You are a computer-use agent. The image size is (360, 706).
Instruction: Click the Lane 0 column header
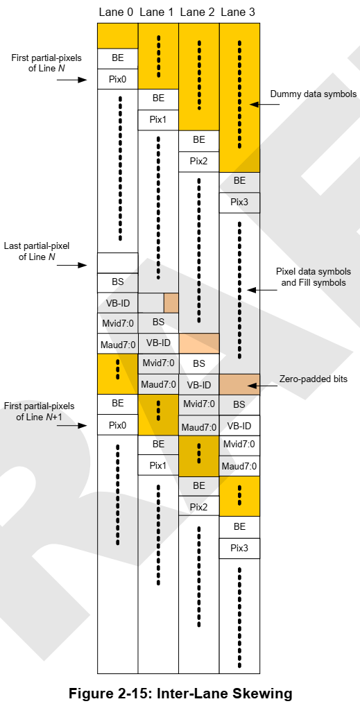[x=117, y=12]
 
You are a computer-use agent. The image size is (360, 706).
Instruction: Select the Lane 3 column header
[x=239, y=12]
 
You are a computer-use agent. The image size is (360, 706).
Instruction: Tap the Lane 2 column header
[x=198, y=12]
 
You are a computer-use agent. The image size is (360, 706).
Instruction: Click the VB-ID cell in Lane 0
[x=117, y=302]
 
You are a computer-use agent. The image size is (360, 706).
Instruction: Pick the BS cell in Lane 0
[x=117, y=282]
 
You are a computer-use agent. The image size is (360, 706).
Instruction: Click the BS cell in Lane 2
[x=199, y=363]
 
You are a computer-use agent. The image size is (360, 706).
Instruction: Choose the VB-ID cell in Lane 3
[x=239, y=425]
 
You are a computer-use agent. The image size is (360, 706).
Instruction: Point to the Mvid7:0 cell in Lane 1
[x=158, y=363]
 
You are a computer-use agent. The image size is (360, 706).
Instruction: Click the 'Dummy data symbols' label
[x=313, y=94]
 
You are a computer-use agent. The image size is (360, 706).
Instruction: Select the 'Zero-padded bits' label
[x=314, y=379]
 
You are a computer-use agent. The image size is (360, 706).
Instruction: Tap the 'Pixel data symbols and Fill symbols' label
[x=314, y=277]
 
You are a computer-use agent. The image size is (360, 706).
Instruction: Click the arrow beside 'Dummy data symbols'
[x=263, y=104]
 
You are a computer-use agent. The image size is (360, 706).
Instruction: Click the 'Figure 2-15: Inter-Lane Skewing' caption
[x=180, y=693]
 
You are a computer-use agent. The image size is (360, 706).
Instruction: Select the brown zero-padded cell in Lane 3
[x=239, y=384]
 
